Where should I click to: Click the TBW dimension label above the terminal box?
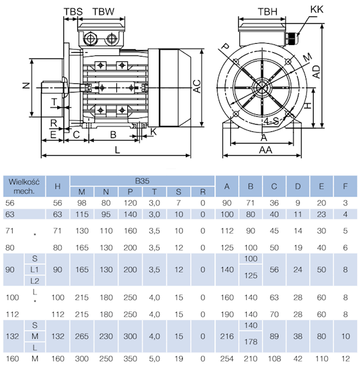[x=104, y=12]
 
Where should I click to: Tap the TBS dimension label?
[x=73, y=12]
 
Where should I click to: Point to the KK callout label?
[x=317, y=9]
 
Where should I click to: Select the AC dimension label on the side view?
[x=197, y=86]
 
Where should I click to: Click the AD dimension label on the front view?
[x=316, y=72]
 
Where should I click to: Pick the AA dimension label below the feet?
[x=266, y=150]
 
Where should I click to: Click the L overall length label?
[x=118, y=150]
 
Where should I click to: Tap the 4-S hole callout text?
[x=272, y=121]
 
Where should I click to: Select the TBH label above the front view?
[x=267, y=12]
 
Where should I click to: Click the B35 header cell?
[x=142, y=181]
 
